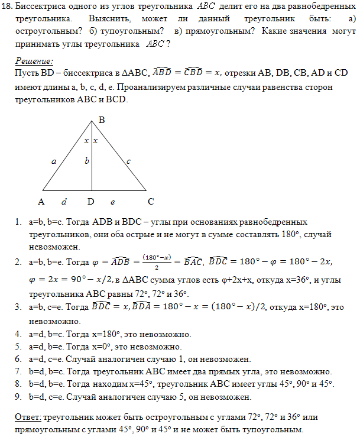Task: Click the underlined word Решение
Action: [34, 61]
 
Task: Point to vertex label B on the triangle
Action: [101, 120]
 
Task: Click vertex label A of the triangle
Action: [41, 201]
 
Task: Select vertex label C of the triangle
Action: [151, 201]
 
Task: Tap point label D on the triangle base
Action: [91, 201]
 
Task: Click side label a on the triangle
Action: [54, 160]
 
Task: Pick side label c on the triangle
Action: [128, 160]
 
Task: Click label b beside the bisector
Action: [87, 160]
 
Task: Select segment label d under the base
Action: [64, 201]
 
